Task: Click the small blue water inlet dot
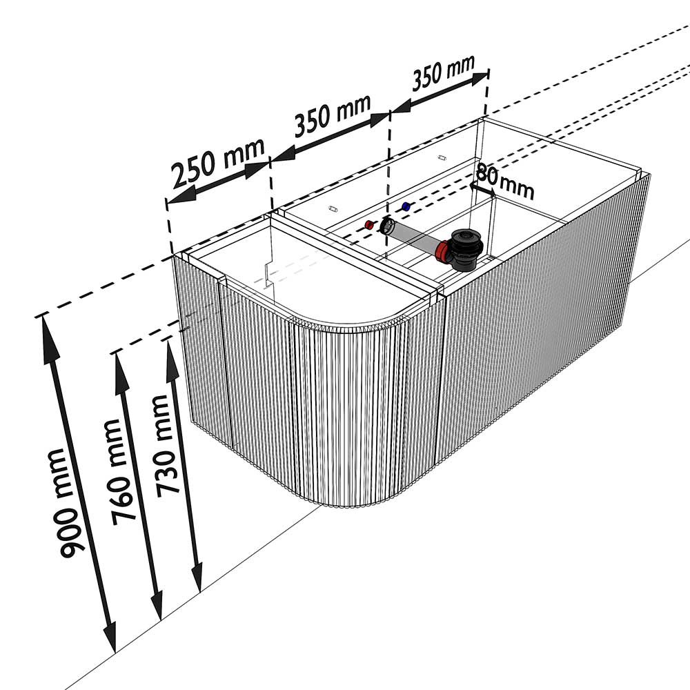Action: point(406,206)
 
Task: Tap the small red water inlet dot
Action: point(369,226)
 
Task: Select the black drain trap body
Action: point(466,249)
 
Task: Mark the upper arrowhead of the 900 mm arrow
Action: point(48,339)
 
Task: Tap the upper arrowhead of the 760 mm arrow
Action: point(119,373)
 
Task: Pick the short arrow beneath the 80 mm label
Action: point(482,189)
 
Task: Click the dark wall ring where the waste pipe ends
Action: point(387,226)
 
